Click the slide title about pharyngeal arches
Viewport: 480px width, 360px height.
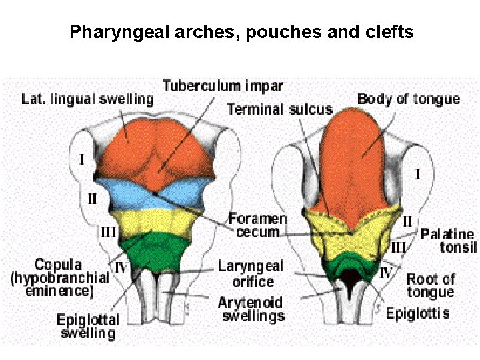point(241,31)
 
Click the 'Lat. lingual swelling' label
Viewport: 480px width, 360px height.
point(87,99)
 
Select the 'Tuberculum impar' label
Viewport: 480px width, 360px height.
point(223,86)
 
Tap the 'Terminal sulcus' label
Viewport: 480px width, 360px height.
point(279,109)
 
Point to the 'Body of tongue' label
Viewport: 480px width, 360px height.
point(408,99)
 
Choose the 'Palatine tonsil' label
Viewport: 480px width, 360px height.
point(448,241)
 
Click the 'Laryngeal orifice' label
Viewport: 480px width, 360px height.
point(250,273)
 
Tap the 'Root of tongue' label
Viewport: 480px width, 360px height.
point(431,285)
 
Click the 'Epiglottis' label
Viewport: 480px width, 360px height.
point(417,313)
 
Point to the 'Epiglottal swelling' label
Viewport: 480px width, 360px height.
point(87,326)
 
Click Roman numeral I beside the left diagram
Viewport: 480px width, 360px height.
point(81,160)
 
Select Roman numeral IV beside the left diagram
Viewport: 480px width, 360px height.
point(121,267)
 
